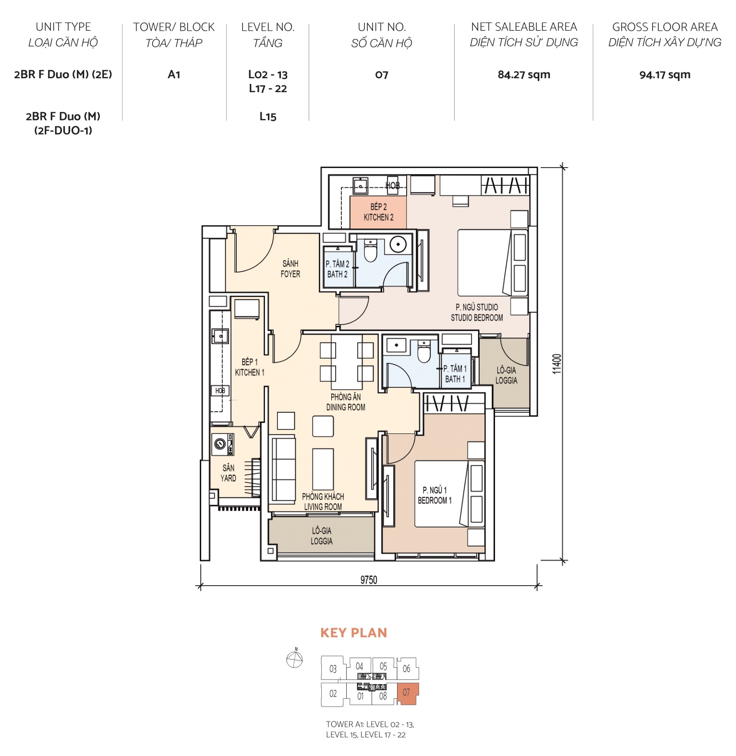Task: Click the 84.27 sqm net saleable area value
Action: pos(523,75)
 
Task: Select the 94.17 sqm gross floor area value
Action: pos(664,75)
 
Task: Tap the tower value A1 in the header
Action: pos(174,75)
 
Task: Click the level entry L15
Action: pos(268,117)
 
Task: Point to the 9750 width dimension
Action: pos(369,580)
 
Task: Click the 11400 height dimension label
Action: pos(556,364)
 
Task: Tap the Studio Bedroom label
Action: pos(477,312)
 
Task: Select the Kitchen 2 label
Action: pos(378,212)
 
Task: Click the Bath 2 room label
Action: pos(337,269)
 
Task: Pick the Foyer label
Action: pos(290,269)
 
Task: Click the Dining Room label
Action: pos(346,402)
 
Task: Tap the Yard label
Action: pos(228,473)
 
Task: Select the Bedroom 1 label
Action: pos(434,495)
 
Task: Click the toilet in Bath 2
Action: pos(370,251)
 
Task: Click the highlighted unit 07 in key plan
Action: pos(408,693)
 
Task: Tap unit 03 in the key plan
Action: pos(333,669)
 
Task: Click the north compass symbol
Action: pos(294,659)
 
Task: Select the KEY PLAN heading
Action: pos(353,633)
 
